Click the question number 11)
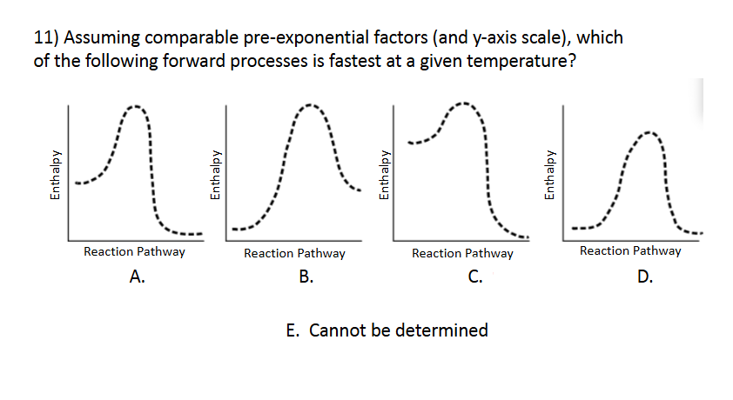pyautogui.click(x=46, y=39)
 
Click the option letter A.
pyautogui.click(x=136, y=277)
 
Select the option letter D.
pyautogui.click(x=644, y=277)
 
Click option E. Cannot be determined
pyautogui.click(x=387, y=330)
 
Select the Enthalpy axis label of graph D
pyautogui.click(x=548, y=177)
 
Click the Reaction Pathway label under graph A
pyautogui.click(x=134, y=251)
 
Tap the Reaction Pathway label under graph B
pyautogui.click(x=294, y=254)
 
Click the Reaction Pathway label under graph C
pyautogui.click(x=462, y=254)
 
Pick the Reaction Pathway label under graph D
pyautogui.click(x=630, y=251)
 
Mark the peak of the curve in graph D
pyautogui.click(x=648, y=133)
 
